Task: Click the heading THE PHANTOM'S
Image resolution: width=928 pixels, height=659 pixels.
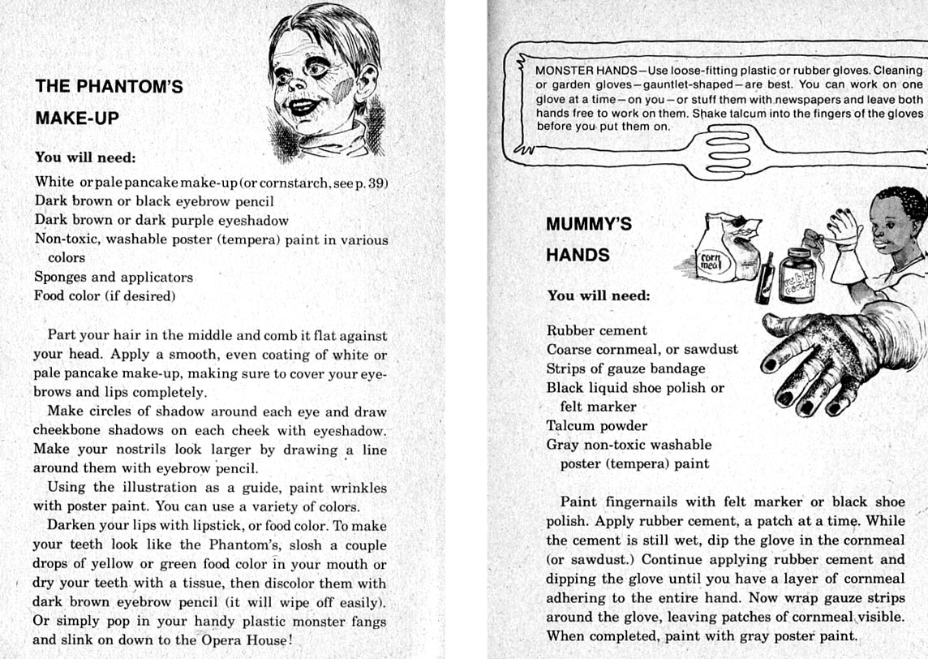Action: click(109, 86)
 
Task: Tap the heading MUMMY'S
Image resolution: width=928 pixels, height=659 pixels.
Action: click(589, 223)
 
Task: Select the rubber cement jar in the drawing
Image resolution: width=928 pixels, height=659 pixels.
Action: click(797, 277)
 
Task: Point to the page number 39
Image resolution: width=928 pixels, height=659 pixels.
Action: click(376, 183)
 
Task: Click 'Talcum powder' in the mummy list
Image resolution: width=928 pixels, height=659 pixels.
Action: click(596, 425)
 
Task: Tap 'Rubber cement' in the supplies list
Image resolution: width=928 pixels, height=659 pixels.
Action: click(596, 330)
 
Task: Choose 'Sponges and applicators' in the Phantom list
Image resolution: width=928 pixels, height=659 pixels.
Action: click(114, 277)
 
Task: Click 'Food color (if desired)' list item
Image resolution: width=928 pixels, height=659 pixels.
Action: click(105, 296)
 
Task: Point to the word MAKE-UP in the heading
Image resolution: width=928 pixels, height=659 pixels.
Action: click(77, 118)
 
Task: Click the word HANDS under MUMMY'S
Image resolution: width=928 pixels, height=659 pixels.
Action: click(578, 255)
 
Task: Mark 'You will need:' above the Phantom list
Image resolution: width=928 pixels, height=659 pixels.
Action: click(85, 157)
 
